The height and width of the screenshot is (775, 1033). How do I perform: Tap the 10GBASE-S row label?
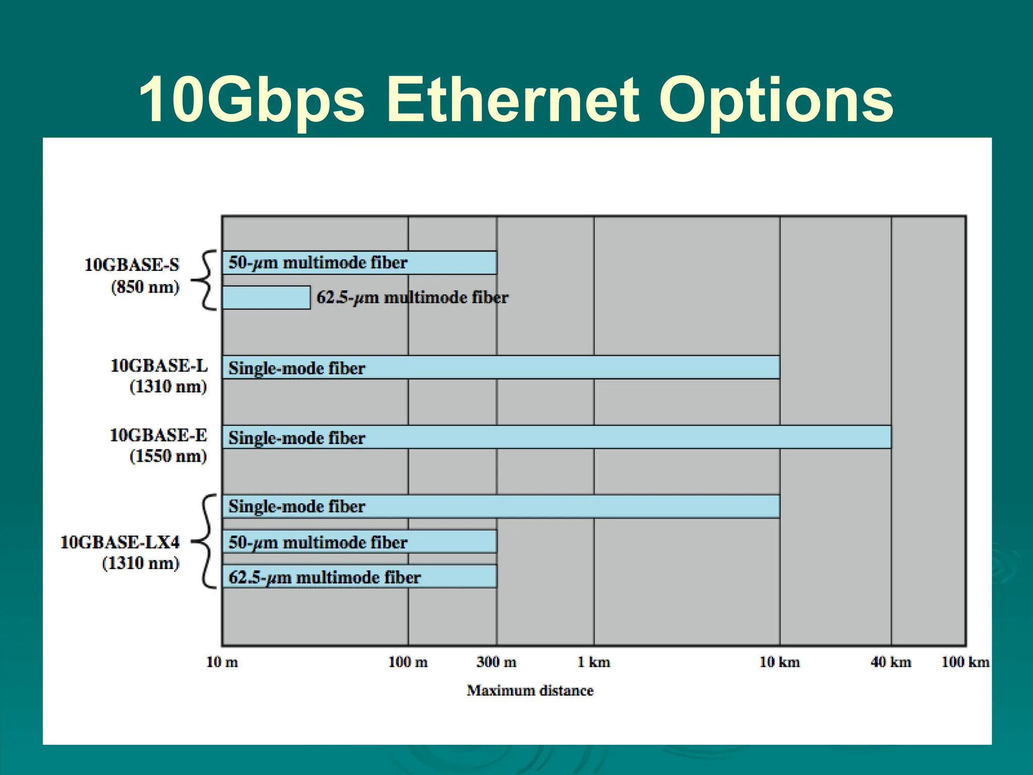tap(132, 265)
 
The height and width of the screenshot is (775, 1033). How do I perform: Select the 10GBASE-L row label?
tap(159, 366)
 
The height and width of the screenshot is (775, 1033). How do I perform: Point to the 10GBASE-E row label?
tap(158, 435)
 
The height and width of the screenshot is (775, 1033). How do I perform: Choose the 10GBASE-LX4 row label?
tap(120, 542)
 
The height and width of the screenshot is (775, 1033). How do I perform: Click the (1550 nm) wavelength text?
tap(168, 456)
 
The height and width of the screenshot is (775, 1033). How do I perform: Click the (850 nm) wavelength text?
tap(145, 287)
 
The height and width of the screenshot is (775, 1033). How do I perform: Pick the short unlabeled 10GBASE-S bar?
tap(266, 298)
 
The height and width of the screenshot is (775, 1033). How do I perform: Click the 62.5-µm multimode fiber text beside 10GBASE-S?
tap(412, 297)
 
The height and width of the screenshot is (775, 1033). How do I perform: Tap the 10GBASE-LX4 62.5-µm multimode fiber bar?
tap(359, 577)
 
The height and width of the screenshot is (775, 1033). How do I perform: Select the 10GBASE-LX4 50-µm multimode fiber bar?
tap(359, 542)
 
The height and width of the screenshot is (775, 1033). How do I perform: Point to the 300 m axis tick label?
tap(496, 662)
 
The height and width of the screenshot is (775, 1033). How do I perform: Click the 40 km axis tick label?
tap(891, 662)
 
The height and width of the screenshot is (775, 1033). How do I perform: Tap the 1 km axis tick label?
tap(594, 662)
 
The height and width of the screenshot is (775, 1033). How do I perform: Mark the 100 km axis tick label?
tap(965, 662)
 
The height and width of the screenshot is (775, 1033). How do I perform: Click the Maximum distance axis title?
tap(530, 690)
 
